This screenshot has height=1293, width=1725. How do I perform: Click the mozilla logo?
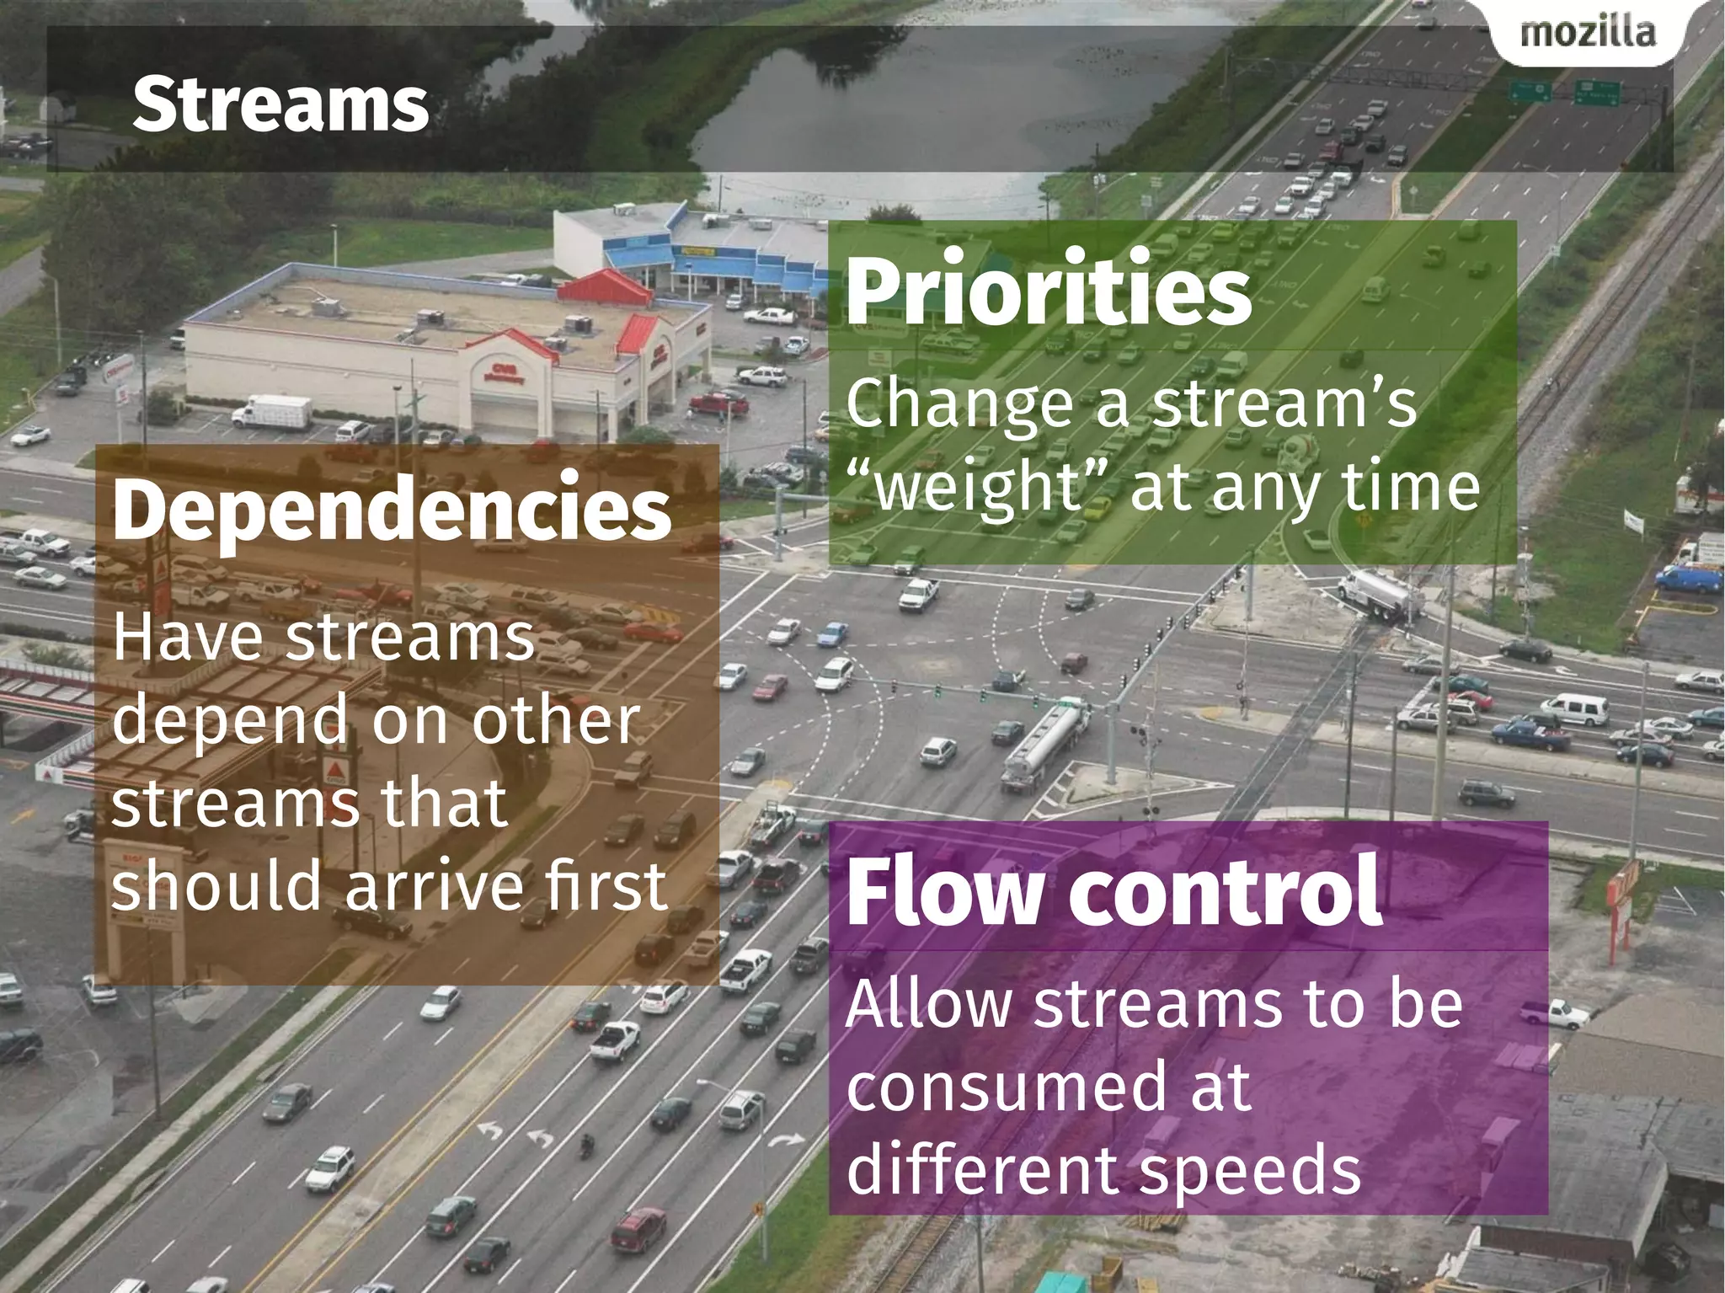tap(1588, 34)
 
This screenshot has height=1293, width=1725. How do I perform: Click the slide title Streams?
tap(280, 104)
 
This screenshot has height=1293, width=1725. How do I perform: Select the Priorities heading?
tap(1049, 290)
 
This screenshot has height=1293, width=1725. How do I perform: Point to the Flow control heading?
tap(1114, 891)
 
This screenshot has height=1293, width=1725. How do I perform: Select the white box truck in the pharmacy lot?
tap(272, 413)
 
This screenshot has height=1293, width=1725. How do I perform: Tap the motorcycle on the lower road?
tap(587, 1146)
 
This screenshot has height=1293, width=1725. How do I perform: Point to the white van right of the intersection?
tap(1576, 709)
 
